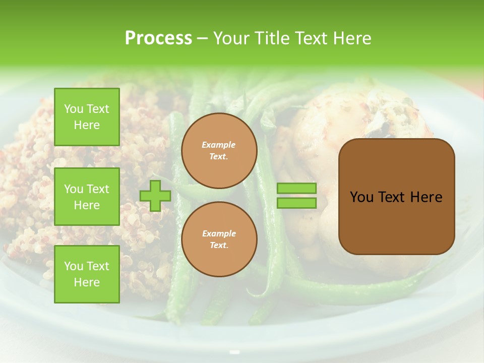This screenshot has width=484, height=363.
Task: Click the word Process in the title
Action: (x=158, y=38)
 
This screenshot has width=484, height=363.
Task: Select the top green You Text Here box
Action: (x=87, y=117)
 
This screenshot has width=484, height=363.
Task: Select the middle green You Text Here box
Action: (x=87, y=197)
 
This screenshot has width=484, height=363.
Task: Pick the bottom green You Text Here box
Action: (x=87, y=274)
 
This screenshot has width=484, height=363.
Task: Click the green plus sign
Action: (x=155, y=196)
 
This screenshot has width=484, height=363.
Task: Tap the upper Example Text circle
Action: (x=219, y=151)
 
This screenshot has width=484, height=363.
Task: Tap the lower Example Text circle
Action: (x=219, y=239)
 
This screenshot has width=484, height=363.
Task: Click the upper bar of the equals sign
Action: (x=296, y=189)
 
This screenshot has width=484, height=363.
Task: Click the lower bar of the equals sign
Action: (x=296, y=203)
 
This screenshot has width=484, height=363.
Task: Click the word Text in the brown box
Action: (x=391, y=197)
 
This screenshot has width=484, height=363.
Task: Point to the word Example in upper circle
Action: (x=219, y=145)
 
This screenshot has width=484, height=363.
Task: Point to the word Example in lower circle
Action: (x=219, y=234)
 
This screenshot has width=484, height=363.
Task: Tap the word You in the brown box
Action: (x=361, y=197)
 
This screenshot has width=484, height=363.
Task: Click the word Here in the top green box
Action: (x=87, y=125)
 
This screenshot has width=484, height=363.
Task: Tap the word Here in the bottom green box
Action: (x=87, y=282)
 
